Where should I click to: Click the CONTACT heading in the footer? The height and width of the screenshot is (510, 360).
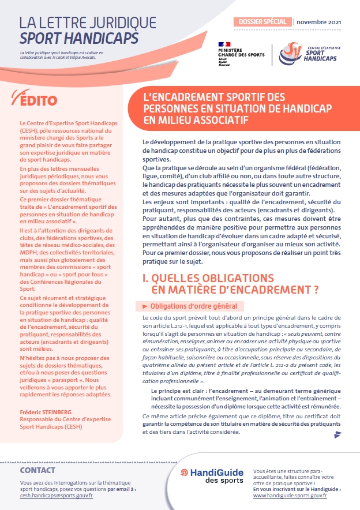click(x=37, y=470)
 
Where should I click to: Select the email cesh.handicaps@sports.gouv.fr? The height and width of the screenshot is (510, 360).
click(x=56, y=495)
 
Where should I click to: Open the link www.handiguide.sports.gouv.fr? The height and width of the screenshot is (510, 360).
click(x=290, y=495)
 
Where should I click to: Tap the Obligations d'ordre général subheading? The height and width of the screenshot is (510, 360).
click(x=194, y=306)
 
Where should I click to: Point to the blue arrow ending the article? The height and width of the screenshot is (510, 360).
click(x=337, y=435)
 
